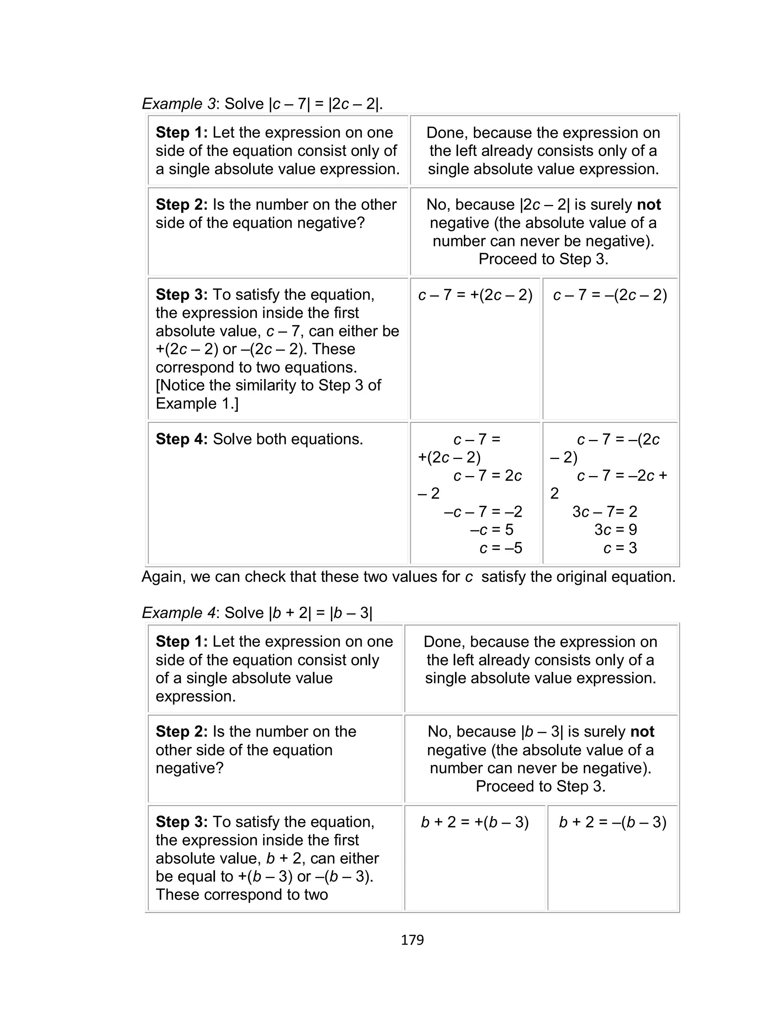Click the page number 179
[x=412, y=939]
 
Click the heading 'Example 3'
[x=178, y=104]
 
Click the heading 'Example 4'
[x=178, y=613]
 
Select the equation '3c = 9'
[x=615, y=530]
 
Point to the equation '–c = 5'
[x=491, y=530]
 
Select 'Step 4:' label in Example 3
[x=182, y=439]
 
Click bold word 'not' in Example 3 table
[x=649, y=204]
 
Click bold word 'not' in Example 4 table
[x=642, y=731]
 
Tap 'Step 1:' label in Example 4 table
[x=182, y=642]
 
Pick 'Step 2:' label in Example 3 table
[x=182, y=204]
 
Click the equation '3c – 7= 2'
[x=605, y=511]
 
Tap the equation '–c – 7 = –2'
[x=482, y=511]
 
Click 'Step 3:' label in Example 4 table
[x=182, y=822]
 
